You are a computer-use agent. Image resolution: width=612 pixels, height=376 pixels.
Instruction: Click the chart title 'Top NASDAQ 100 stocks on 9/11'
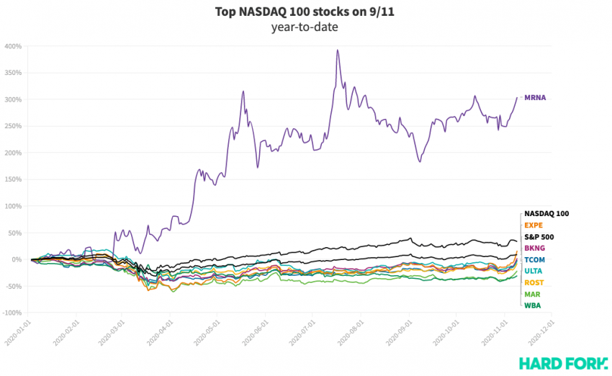click(305, 12)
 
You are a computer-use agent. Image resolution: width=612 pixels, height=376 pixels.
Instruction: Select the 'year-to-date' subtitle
click(305, 27)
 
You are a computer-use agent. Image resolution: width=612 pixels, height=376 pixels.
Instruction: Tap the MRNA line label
click(535, 97)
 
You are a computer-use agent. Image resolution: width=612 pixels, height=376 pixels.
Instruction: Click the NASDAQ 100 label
click(546, 214)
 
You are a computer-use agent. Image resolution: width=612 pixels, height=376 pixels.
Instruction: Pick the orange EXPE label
click(534, 225)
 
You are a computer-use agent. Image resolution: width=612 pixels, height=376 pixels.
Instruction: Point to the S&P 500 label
click(539, 237)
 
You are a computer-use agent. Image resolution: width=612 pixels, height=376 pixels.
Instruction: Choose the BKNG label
click(534, 248)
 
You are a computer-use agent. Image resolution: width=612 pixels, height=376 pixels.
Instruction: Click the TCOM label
click(535, 259)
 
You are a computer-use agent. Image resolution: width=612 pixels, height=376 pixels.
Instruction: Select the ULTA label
click(534, 271)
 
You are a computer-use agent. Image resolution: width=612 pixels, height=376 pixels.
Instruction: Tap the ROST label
click(534, 282)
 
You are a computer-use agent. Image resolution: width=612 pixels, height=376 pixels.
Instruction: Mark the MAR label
click(532, 294)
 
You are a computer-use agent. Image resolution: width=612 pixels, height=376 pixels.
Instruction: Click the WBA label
click(532, 305)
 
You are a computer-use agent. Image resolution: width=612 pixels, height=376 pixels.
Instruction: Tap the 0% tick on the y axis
click(18, 259)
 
